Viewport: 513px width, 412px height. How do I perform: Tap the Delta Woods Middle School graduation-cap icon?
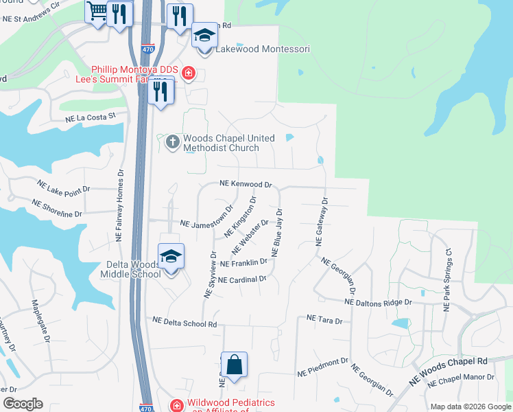[x=171, y=257]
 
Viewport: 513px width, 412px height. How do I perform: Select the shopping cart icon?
[x=98, y=12]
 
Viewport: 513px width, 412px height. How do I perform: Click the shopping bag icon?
[x=234, y=365]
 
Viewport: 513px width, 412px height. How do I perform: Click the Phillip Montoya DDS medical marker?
[x=188, y=71]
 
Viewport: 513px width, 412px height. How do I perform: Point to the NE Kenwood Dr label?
[x=246, y=185]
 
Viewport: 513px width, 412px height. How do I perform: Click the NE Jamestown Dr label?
[x=206, y=224]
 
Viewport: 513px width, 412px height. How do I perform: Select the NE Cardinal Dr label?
[x=242, y=279]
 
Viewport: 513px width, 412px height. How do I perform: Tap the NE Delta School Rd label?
[x=184, y=321]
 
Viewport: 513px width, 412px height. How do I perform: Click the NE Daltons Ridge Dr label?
[x=378, y=302]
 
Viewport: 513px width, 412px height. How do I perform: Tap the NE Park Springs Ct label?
[x=448, y=279]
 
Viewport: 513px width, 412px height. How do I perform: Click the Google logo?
[x=23, y=404]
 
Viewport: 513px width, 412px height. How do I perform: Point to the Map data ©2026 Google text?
[x=470, y=407]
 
